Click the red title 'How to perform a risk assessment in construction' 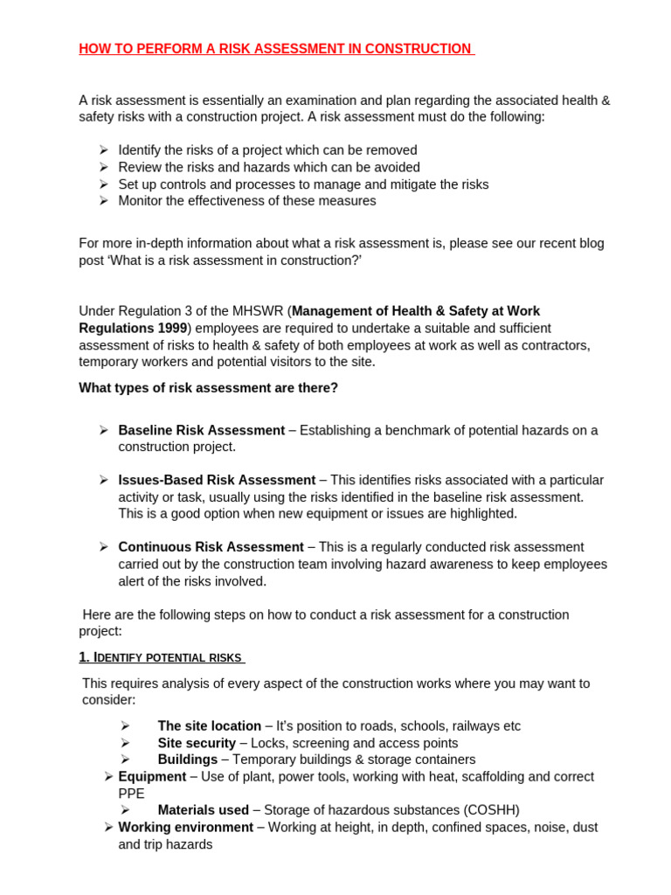275,49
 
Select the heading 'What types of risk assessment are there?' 208,387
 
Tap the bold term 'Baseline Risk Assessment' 201,430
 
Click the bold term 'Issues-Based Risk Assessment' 217,480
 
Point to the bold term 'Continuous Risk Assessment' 211,547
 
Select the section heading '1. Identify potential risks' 161,657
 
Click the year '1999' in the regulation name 170,328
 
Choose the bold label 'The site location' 209,726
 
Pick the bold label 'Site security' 197,743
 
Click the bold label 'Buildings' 187,760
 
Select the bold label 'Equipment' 152,776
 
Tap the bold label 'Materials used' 203,810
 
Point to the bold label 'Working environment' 185,827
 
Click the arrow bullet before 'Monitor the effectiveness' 103,201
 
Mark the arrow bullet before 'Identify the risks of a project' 103,150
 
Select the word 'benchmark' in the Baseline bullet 411,430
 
